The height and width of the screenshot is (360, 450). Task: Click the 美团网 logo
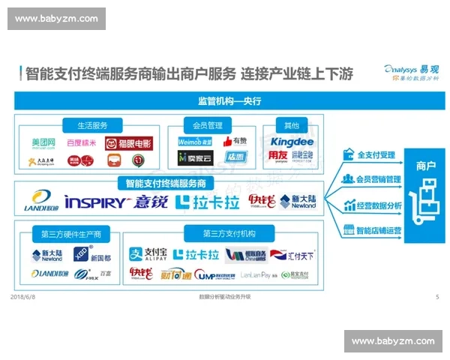coord(44,142)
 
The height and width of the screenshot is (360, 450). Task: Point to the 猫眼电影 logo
coord(128,142)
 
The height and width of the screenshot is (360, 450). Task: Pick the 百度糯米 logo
coord(82,142)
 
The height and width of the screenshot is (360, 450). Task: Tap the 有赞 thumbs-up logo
coord(234,141)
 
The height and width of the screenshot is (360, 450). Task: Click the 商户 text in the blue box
coord(422,166)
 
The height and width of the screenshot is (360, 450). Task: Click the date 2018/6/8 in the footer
coord(25,297)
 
